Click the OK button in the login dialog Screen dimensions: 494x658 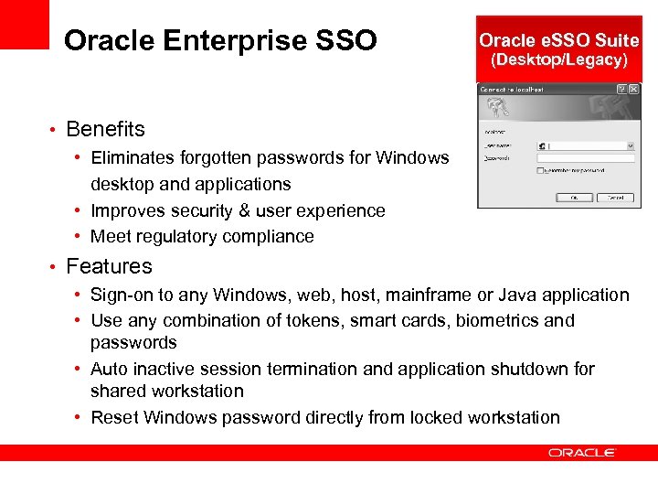coord(574,197)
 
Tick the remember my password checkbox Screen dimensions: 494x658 coord(541,170)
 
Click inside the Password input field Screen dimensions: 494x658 coord(585,158)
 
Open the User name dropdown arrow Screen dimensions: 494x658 coord(631,145)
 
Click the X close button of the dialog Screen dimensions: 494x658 coord(633,90)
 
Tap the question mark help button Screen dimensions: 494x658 coord(621,90)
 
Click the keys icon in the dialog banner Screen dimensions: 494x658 coord(501,110)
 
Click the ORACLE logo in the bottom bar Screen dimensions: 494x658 coord(582,452)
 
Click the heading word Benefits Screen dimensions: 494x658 coord(105,129)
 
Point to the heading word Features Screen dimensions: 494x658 coord(109,266)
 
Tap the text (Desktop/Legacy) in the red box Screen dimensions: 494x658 coord(559,60)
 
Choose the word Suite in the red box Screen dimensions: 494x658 coord(617,40)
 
